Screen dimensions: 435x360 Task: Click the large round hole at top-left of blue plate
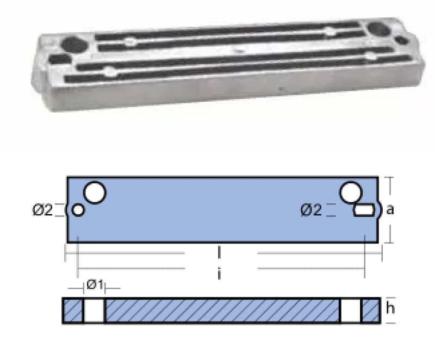[x=95, y=193]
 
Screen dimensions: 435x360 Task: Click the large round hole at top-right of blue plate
[x=351, y=193]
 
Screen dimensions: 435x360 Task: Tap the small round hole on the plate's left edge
[x=78, y=210]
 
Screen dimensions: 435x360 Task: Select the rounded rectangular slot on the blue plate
[x=364, y=210]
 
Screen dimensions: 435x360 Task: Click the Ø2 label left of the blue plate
[x=42, y=210]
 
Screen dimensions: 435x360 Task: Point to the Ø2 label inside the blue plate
[x=311, y=210]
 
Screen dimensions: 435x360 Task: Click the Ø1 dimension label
[x=95, y=284]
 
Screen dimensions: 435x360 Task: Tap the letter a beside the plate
[x=390, y=210]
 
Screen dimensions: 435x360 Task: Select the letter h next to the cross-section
[x=390, y=308]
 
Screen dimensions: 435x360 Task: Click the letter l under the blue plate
[x=219, y=253]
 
